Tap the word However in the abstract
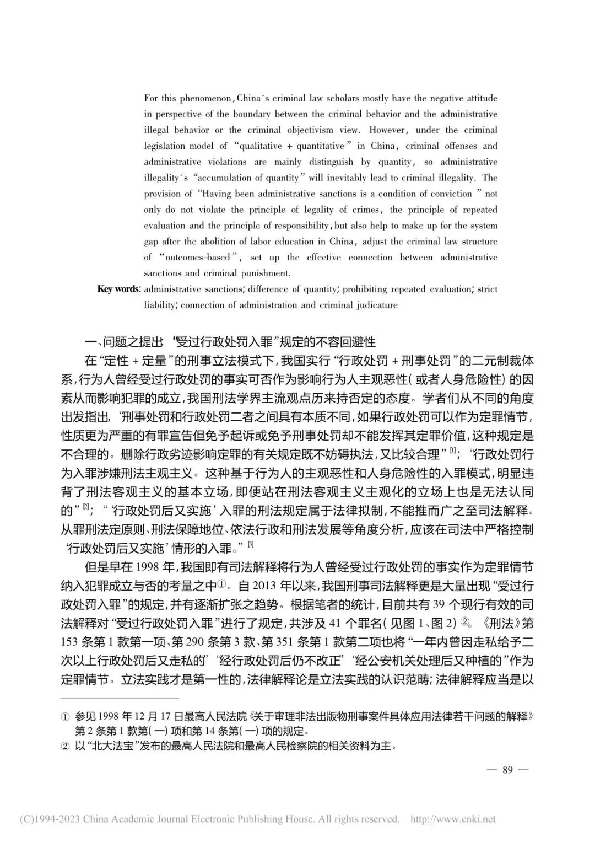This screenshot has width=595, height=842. pyautogui.click(x=388, y=130)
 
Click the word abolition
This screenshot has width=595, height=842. pyautogui.click(x=224, y=242)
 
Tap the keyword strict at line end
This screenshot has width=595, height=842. pyautogui.click(x=487, y=289)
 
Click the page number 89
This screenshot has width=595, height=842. pyautogui.click(x=507, y=770)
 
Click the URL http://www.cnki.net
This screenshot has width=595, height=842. pyautogui.click(x=453, y=819)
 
